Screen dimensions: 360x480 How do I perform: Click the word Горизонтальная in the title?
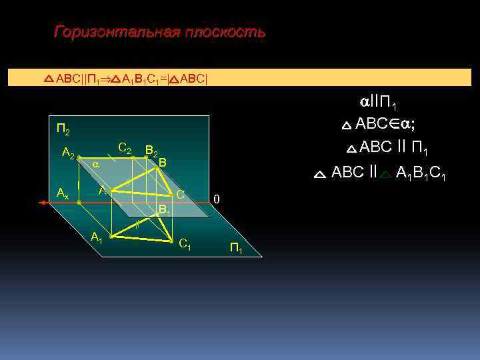[114, 32]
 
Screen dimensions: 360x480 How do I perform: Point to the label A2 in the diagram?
[68, 154]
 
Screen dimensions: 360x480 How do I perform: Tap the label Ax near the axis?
[63, 194]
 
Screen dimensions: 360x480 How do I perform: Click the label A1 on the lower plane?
[97, 236]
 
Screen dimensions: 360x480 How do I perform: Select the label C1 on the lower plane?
[185, 245]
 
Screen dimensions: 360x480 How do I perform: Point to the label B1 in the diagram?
[164, 209]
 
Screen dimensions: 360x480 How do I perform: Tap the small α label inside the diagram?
[95, 163]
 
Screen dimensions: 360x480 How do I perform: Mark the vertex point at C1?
[172, 240]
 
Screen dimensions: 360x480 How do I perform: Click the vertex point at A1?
[111, 237]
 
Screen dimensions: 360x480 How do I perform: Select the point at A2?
[79, 158]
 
